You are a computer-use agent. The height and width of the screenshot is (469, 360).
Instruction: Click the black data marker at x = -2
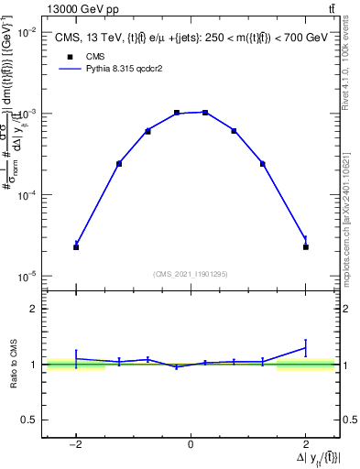76,247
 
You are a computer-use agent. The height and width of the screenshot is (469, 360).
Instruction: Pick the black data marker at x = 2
305,247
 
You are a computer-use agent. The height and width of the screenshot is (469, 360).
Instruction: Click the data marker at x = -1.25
119,164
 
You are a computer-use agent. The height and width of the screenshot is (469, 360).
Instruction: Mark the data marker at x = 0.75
234,131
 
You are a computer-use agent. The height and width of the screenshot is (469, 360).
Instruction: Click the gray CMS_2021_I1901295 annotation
191,274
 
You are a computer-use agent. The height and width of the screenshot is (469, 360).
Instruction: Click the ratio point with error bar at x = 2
305,347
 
